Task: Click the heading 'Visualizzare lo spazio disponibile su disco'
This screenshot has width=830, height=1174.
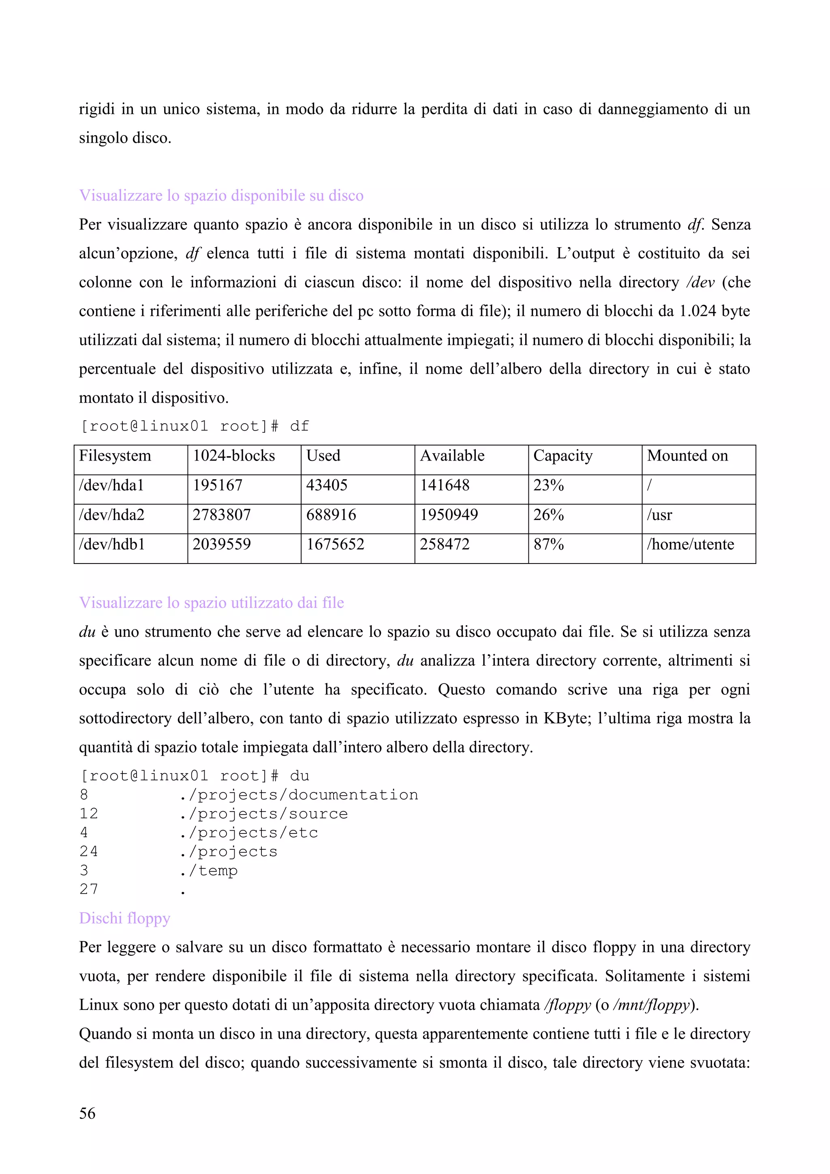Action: (221, 196)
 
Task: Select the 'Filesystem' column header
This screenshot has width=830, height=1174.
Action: (115, 456)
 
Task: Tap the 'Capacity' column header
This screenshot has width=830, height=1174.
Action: (563, 456)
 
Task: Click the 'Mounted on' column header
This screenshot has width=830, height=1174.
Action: (687, 456)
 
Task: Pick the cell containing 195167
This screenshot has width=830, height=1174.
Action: (217, 485)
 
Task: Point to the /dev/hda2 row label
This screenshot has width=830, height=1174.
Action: (111, 515)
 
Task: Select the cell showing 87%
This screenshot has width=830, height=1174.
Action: (548, 544)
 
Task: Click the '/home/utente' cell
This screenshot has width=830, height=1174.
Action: (690, 544)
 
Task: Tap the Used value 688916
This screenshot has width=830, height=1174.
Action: (331, 515)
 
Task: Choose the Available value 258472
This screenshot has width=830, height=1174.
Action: (444, 544)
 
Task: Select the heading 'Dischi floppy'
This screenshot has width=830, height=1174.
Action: (124, 918)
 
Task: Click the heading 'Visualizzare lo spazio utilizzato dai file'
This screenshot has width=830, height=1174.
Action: (212, 603)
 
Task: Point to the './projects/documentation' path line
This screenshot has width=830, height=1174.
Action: (299, 795)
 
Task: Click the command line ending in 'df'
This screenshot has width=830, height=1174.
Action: (195, 426)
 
